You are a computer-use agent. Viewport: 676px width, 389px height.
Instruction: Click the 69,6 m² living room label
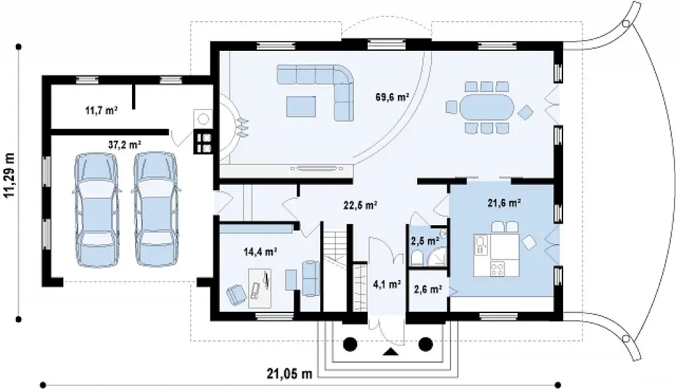click(x=392, y=97)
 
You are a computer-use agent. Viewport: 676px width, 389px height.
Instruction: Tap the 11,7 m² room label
click(x=102, y=111)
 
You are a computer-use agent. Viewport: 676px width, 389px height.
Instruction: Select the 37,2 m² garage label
click(x=125, y=145)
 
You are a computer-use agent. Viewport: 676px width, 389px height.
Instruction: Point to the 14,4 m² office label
click(x=260, y=252)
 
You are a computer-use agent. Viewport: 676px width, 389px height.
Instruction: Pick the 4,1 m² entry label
click(x=387, y=284)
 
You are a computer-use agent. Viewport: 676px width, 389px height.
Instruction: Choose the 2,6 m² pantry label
click(x=428, y=289)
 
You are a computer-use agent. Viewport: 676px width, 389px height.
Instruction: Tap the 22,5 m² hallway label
click(x=361, y=205)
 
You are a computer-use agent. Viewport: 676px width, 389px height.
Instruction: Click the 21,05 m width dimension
click(x=289, y=373)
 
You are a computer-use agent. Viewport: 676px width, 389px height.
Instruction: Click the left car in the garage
click(x=96, y=209)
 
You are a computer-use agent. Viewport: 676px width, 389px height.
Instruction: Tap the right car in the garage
click(x=155, y=209)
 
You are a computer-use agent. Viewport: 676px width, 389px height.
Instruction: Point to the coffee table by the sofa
click(x=301, y=106)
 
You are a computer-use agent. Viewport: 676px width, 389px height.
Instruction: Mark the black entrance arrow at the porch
click(x=391, y=351)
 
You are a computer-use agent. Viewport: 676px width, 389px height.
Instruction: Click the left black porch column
click(x=350, y=344)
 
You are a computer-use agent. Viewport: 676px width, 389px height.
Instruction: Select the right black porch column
click(x=426, y=344)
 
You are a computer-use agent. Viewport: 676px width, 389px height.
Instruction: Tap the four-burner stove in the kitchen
click(x=497, y=269)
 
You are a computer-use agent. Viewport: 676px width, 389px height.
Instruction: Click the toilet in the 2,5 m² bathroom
click(x=417, y=258)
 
